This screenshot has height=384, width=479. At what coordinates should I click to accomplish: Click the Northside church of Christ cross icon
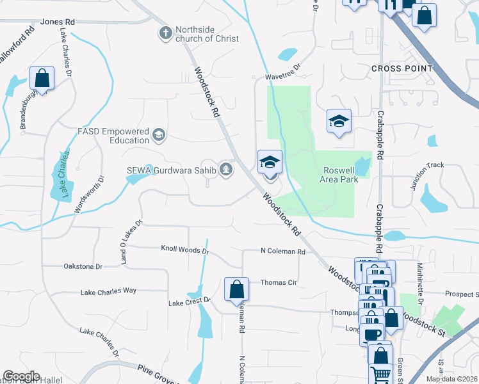(166, 33)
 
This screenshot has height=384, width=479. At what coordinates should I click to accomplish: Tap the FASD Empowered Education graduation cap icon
(159, 135)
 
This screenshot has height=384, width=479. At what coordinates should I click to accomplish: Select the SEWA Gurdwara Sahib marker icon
(225, 170)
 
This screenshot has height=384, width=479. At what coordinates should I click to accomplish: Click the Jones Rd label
(58, 22)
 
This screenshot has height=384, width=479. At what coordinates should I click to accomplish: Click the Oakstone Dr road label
(83, 266)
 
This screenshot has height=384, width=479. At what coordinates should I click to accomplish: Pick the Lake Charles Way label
(108, 291)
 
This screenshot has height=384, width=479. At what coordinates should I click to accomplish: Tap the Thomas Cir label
(279, 282)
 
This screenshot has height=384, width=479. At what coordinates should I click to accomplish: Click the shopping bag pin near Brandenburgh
(42, 79)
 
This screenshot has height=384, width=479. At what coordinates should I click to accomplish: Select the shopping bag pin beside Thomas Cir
(237, 289)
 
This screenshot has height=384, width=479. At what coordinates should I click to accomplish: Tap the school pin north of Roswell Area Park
(339, 121)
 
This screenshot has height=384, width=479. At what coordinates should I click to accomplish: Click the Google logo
(21, 376)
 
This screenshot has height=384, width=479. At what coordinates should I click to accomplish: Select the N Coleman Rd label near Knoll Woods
(282, 252)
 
